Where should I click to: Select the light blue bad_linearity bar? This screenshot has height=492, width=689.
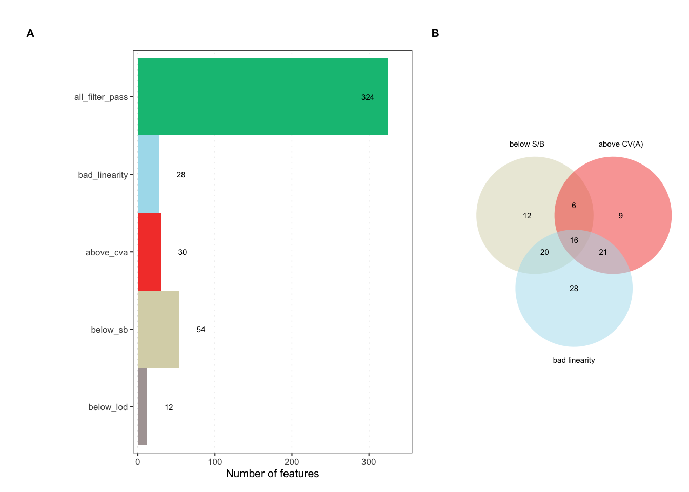(149, 174)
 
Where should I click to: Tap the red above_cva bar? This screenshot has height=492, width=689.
(149, 252)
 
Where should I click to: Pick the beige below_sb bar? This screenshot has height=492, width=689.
(158, 329)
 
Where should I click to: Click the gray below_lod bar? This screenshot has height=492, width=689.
(143, 406)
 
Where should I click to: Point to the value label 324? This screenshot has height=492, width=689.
(368, 97)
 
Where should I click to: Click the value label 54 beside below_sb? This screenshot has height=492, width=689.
(201, 330)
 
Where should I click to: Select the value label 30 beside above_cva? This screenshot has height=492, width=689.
(183, 252)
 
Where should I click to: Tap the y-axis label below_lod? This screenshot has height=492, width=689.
(108, 407)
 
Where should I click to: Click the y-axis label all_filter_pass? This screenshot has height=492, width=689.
(101, 97)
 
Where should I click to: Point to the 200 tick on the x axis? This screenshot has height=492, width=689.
(292, 462)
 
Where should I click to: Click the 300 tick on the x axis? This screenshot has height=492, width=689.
(369, 462)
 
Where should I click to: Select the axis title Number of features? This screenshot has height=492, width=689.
(272, 474)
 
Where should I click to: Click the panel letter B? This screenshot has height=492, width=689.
(435, 33)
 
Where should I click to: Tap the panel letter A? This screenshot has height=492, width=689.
(30, 33)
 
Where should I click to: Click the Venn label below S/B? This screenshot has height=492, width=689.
(526, 144)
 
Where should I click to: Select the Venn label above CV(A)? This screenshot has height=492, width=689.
(620, 144)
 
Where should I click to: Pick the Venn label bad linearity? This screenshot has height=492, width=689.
(574, 360)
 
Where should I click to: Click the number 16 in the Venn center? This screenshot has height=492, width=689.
(574, 240)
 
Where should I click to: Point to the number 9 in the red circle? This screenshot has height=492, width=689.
(620, 216)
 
